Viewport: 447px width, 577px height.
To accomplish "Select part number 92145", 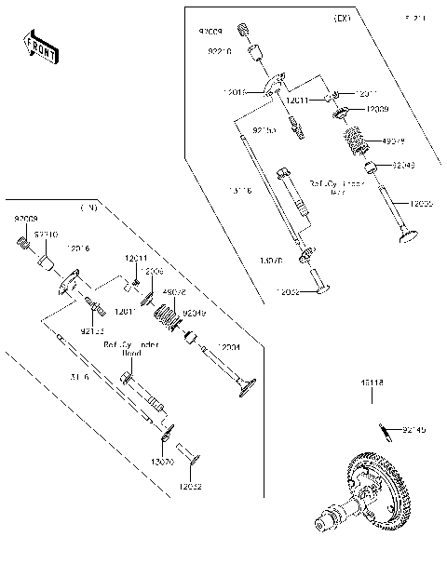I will click(x=416, y=430).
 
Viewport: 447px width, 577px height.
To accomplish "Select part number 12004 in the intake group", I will click(x=230, y=346).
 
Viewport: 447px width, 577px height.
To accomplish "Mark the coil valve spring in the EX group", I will click(x=356, y=144).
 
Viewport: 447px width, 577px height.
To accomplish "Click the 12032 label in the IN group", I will click(x=191, y=486).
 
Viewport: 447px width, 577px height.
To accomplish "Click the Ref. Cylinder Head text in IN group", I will click(x=131, y=349).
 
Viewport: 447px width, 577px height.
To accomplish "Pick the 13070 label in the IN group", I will click(x=162, y=460).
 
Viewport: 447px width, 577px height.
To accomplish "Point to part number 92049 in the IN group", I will click(x=196, y=314).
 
